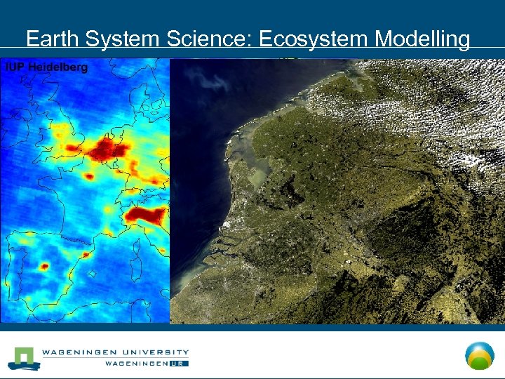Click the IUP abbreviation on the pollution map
tap(13, 67)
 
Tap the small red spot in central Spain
tap(44, 267)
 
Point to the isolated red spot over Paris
tap(90, 175)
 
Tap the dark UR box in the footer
tap(179, 364)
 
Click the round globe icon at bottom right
tap(480, 355)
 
